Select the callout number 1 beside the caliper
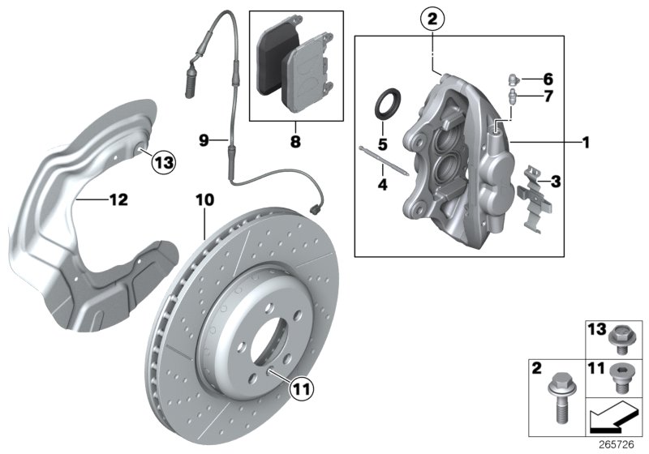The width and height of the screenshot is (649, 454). coord(584,142)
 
